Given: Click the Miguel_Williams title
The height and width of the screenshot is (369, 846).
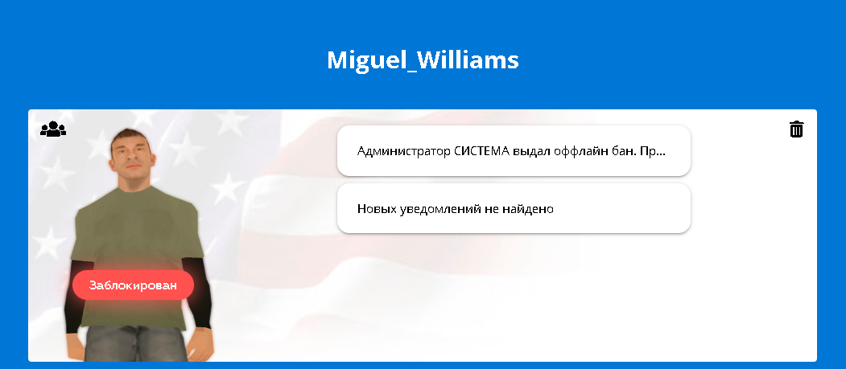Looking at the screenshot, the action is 423,60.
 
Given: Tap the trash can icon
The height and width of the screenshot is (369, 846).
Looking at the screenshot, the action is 796,129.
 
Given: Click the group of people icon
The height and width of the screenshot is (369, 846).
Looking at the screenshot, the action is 53,129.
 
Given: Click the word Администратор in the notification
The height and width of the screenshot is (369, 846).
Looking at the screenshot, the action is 404,151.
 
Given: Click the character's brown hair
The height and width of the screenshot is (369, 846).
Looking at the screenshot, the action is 130,137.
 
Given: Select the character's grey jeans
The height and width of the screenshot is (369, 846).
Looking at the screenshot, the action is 136,344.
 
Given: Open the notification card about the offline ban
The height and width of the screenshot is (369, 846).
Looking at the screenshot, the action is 514,151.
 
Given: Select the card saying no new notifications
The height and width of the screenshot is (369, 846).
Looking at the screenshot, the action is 514,208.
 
